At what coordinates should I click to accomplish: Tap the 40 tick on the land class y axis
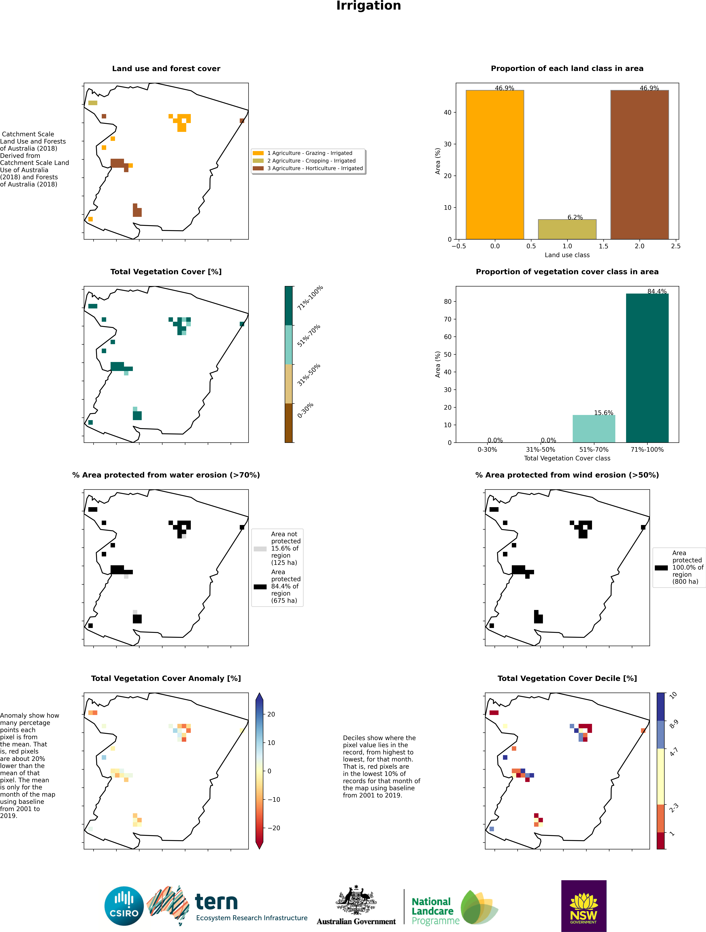[447, 113]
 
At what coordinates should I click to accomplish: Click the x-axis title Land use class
[567, 255]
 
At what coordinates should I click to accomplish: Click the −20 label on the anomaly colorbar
[274, 828]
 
